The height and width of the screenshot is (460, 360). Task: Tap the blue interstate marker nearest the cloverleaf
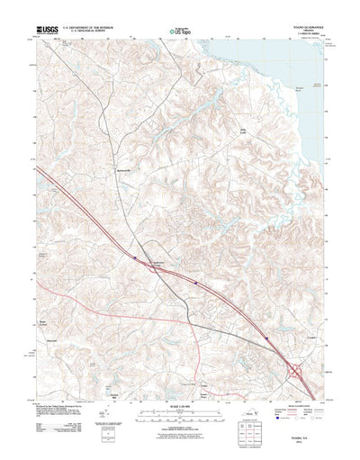click(x=267, y=338)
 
